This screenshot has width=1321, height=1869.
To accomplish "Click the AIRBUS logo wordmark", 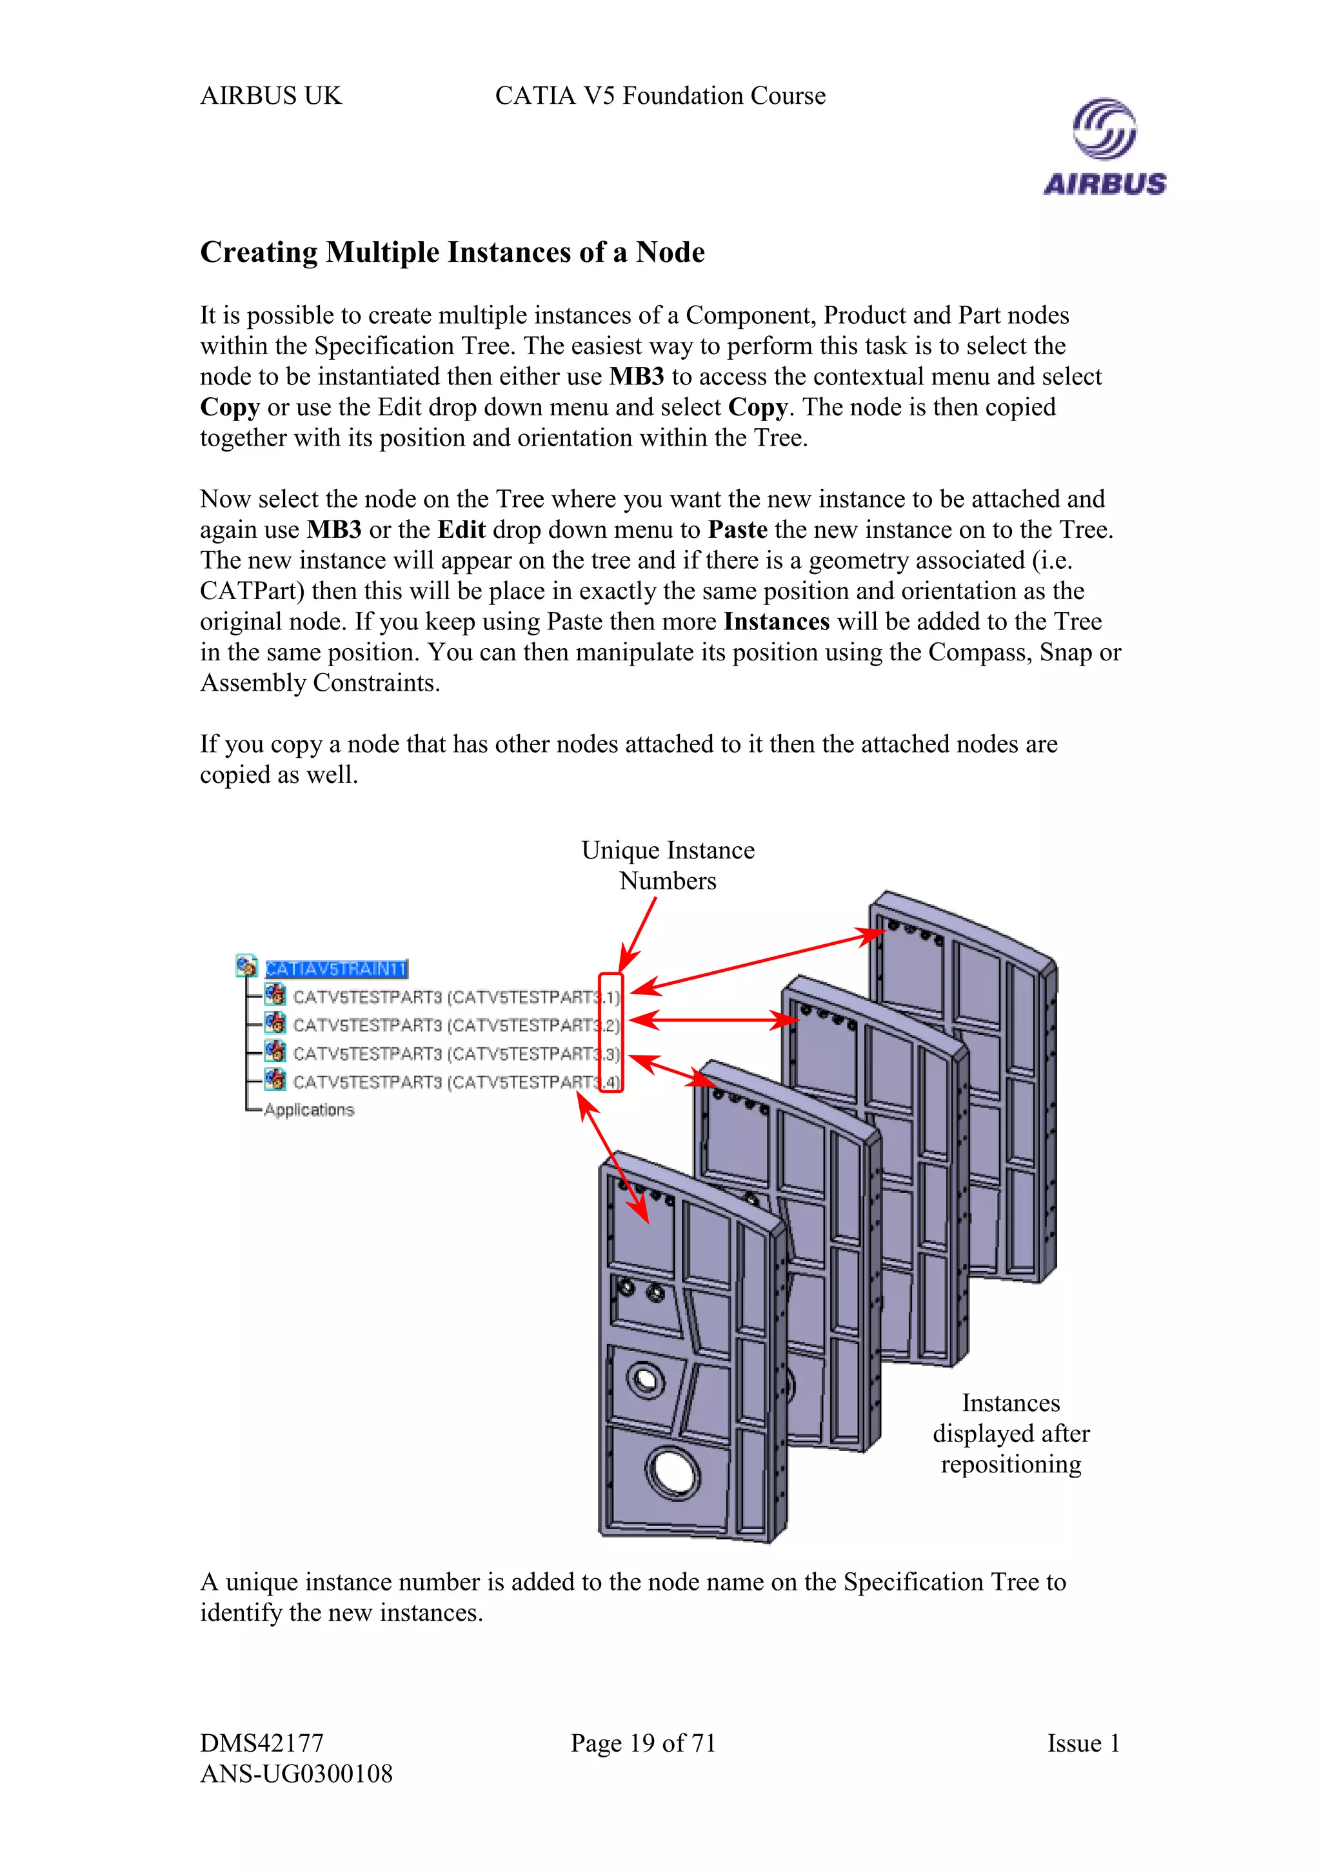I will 1104,184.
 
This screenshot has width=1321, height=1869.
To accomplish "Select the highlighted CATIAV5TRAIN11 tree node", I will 336,969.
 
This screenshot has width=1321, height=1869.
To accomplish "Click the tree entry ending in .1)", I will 456,997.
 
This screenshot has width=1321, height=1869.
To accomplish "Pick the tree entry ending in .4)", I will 456,1082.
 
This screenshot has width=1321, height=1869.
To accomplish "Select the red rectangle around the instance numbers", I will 611,1032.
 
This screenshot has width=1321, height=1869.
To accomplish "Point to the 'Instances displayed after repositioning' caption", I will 1011,1434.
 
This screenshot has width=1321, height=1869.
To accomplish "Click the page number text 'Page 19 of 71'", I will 643,1744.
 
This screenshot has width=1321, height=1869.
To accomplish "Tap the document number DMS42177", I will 262,1744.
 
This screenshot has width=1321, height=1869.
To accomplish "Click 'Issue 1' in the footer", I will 1084,1744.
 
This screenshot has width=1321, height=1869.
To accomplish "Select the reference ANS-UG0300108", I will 296,1774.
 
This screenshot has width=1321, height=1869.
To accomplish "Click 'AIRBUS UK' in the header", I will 270,96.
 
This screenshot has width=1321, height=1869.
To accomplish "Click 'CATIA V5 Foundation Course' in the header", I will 660,96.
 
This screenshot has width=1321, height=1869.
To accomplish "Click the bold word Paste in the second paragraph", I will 737,530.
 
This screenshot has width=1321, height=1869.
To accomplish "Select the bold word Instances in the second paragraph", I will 777,622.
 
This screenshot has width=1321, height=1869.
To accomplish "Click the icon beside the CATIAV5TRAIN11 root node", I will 246,966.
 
